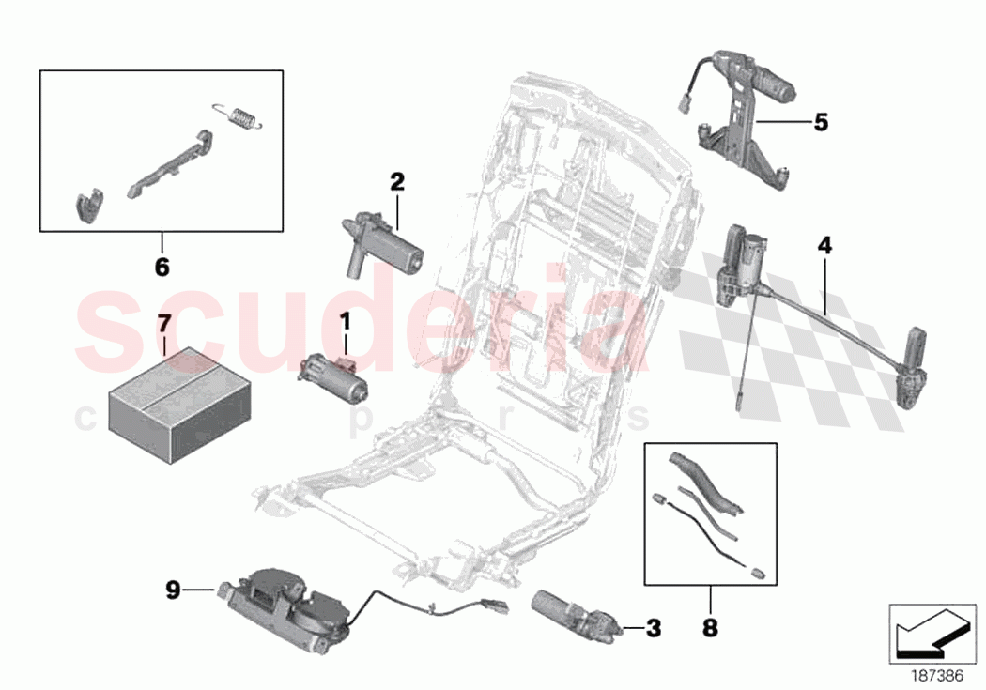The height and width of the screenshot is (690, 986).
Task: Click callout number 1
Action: tap(345, 322)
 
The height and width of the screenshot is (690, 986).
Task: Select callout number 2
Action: tap(397, 182)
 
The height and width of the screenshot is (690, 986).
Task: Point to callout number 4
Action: tap(824, 246)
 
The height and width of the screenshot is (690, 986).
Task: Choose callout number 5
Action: tap(821, 122)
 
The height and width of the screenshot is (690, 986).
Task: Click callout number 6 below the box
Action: tap(162, 268)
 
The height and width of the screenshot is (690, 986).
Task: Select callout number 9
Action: tap(172, 590)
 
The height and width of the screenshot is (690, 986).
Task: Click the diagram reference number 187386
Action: tap(924, 674)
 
